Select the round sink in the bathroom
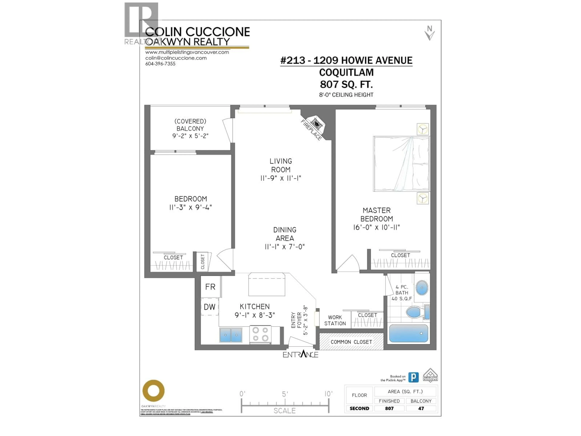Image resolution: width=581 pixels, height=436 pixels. click(422, 288)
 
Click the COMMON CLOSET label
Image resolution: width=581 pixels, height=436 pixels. click(351, 342)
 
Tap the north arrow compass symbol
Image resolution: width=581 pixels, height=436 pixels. click(429, 33)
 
